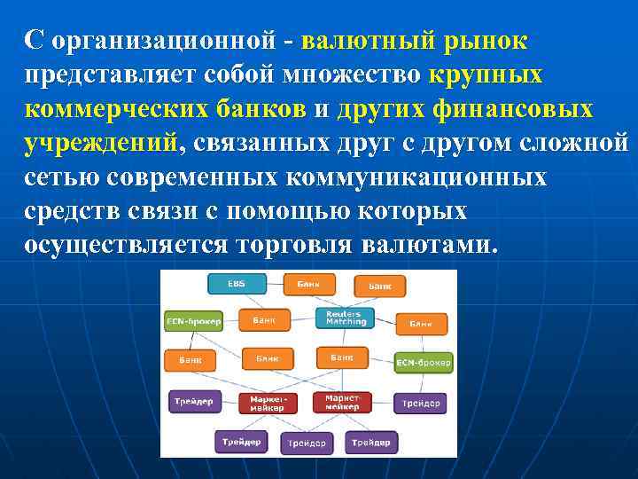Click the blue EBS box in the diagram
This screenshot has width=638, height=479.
pyautogui.click(x=235, y=284)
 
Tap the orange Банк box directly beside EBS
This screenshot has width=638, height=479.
pyautogui.click(x=309, y=284)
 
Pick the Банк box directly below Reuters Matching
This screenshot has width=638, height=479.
pyautogui.click(x=342, y=357)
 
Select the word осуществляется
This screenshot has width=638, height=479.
pyautogui.click(x=126, y=244)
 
